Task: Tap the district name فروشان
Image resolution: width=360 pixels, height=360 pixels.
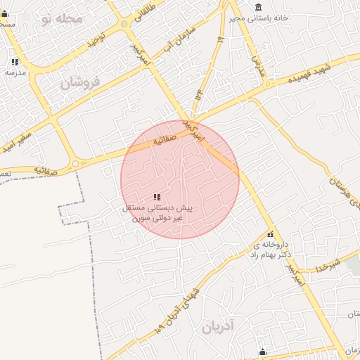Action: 80,83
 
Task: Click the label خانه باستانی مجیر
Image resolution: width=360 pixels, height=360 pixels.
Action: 260,18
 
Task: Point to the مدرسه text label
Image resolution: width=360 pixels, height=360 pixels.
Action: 15,72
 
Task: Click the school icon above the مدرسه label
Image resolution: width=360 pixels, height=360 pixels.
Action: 15,62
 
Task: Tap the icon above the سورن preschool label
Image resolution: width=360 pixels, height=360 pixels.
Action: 157,197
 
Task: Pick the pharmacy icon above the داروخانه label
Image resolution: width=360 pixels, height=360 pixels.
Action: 270,234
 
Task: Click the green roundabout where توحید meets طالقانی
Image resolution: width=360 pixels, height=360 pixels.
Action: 124,23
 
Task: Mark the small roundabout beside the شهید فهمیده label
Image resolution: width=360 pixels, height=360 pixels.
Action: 269,84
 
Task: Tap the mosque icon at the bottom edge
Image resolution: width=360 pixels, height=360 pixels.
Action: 262,352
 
